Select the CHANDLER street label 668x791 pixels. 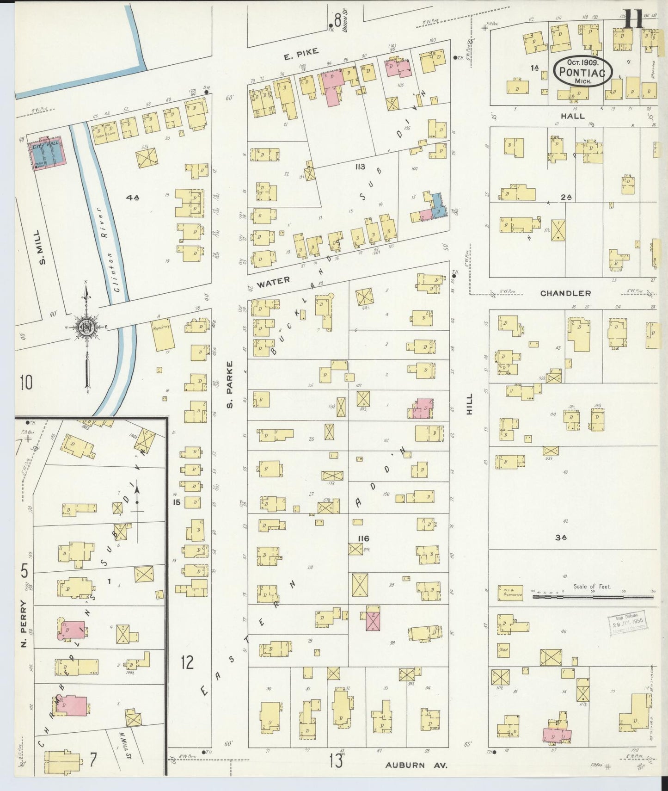565,293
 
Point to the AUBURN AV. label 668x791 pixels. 417,766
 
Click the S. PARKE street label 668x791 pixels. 229,385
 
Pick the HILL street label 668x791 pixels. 469,404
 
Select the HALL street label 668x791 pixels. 573,116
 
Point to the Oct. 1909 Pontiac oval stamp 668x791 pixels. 583,71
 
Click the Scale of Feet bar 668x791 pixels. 593,597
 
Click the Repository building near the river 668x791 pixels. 163,334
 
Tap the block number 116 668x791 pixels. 363,538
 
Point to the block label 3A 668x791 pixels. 561,538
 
